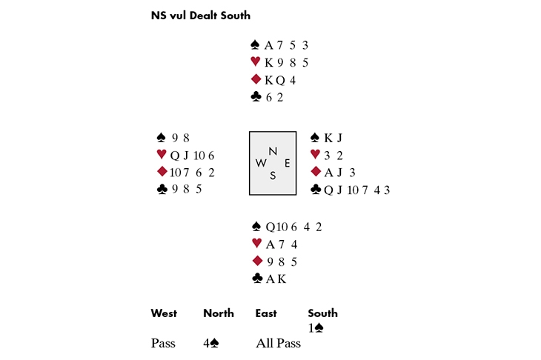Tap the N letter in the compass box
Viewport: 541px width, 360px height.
273,151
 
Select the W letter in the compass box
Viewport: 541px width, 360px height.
261,163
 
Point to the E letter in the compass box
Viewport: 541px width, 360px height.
287,163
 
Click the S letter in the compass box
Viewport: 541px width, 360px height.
273,176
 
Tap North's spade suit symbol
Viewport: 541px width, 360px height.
256,45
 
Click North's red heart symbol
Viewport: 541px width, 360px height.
256,62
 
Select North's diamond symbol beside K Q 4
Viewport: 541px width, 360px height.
256,79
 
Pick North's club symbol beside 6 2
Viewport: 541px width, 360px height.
256,96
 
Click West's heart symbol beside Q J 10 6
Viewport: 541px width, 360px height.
162,155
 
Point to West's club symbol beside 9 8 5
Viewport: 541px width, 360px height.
162,189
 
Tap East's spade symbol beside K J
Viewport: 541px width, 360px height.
315,138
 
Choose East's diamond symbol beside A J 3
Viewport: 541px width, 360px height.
315,172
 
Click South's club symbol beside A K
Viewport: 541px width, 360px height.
257,279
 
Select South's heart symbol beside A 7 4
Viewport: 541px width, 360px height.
257,244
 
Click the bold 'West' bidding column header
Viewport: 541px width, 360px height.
164,313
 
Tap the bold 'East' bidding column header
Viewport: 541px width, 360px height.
266,313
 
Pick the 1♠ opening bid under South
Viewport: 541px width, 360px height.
316,327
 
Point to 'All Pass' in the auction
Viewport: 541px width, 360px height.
278,344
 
